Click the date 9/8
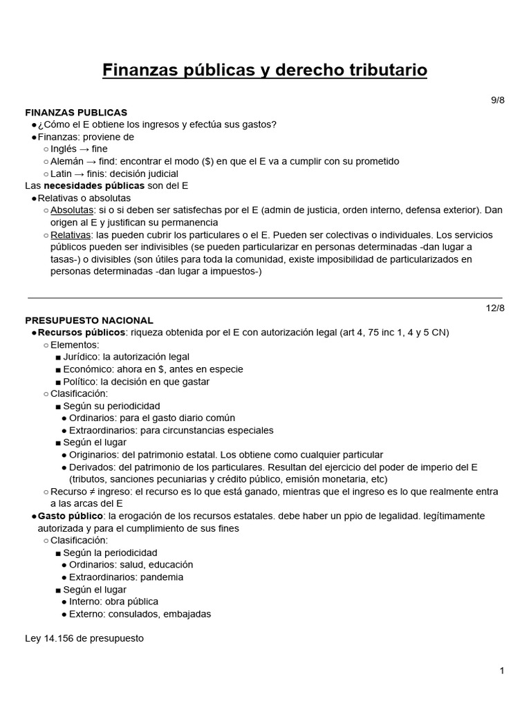(498, 100)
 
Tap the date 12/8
(496, 308)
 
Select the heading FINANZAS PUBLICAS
(76, 112)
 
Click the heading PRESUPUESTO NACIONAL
(89, 320)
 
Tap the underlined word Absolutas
(73, 210)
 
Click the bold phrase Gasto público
(70, 516)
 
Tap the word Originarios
(93, 455)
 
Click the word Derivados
(92, 467)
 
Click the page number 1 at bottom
(502, 671)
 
